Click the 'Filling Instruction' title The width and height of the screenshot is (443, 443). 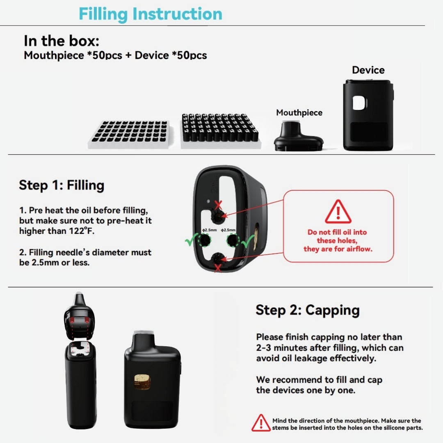[151, 14]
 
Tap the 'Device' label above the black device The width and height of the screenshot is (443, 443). [368, 70]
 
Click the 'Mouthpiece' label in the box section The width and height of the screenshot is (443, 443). [299, 112]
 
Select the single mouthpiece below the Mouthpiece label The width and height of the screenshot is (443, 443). [299, 136]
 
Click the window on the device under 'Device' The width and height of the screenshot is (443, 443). [359, 103]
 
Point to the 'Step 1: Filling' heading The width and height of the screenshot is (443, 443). [62, 185]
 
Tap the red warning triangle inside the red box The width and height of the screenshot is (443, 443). [338, 212]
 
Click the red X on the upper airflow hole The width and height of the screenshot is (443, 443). [218, 205]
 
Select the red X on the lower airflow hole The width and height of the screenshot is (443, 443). [218, 268]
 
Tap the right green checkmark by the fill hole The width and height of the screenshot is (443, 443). [248, 241]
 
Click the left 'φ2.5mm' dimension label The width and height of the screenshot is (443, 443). [209, 230]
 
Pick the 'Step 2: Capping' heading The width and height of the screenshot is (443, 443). [308, 310]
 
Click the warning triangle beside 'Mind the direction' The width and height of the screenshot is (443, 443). [261, 423]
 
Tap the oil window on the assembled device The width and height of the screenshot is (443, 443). [142, 382]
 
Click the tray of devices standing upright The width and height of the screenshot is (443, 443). [220, 130]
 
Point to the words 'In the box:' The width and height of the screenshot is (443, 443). [62, 41]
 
